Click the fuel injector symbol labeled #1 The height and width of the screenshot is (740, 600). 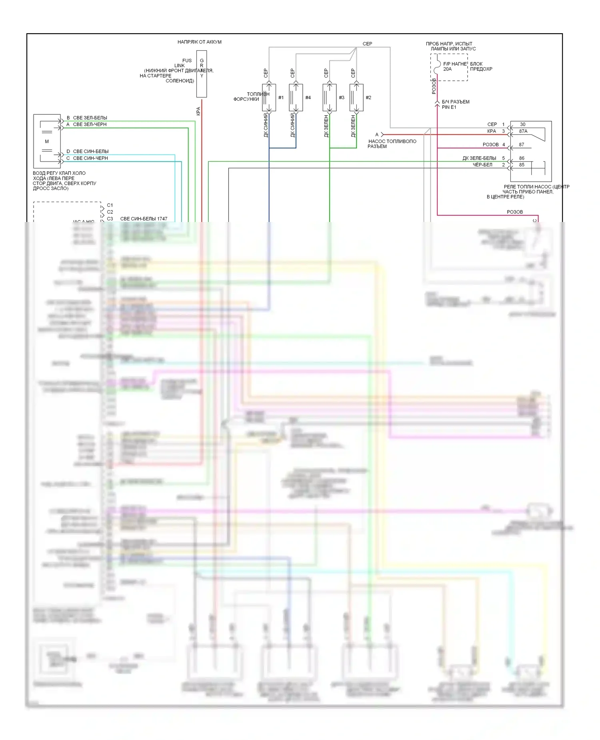click(x=269, y=97)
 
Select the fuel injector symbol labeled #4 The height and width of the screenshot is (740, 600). click(x=296, y=97)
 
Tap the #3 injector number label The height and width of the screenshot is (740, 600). click(x=341, y=98)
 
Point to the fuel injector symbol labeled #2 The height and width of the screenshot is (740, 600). click(x=356, y=97)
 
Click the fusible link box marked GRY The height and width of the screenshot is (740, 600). click(x=202, y=74)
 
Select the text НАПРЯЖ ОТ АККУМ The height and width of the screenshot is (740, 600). click(x=199, y=42)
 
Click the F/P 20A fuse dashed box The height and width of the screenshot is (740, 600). click(x=449, y=68)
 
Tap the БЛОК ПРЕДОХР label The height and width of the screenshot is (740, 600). click(x=481, y=66)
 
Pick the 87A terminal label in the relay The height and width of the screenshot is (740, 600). click(x=523, y=131)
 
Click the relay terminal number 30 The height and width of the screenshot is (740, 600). click(x=522, y=124)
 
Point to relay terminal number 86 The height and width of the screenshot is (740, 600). click(x=522, y=158)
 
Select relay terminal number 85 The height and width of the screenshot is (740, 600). click(x=522, y=165)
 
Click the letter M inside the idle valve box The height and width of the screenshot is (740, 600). click(x=47, y=142)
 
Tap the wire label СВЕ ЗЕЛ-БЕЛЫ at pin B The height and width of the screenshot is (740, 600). click(x=90, y=118)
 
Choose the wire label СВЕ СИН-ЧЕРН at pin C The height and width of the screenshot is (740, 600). click(x=90, y=158)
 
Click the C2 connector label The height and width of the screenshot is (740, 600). click(x=110, y=212)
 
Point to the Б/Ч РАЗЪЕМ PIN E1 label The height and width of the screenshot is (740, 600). click(x=455, y=104)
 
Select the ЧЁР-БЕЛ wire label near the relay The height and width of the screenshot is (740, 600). click(x=482, y=165)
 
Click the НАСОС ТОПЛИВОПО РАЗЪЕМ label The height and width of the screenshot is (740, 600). click(x=392, y=144)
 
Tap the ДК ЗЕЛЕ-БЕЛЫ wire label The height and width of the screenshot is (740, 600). click(x=479, y=158)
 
